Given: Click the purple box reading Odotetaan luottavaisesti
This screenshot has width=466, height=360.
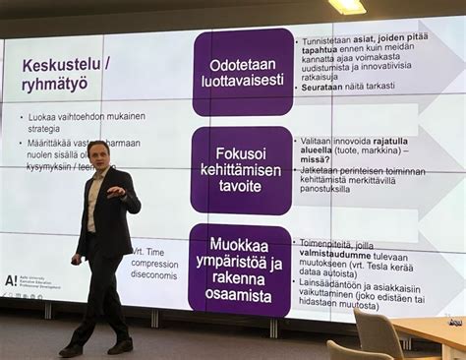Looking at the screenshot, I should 242,73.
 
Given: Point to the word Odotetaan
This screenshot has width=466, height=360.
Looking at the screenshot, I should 242,65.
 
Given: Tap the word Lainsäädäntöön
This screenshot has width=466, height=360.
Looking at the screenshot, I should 331,282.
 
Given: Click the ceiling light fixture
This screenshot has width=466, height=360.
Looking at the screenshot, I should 346,7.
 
